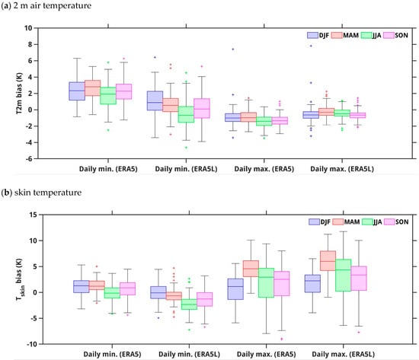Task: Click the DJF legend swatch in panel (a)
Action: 312,35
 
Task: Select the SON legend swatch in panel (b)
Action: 389,221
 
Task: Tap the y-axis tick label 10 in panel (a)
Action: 28,28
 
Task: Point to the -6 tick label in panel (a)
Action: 29,158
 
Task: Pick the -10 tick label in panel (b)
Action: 33,344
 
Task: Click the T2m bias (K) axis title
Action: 19,94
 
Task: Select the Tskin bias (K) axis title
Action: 20,279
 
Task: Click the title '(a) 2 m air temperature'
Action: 46,5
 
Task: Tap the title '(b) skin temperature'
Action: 41,193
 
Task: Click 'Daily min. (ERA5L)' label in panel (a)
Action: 186,169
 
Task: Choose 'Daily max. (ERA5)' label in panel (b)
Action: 266,355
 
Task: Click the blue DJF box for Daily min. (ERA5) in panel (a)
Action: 77,91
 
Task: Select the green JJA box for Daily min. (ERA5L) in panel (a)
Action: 186,114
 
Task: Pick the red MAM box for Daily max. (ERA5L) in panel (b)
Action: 328,260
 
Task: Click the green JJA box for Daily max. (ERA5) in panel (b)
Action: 266,282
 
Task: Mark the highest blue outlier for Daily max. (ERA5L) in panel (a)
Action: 311,46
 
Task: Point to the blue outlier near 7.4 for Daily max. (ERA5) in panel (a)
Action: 233,49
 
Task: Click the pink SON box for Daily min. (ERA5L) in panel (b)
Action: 205,299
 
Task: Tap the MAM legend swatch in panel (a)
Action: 337,35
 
